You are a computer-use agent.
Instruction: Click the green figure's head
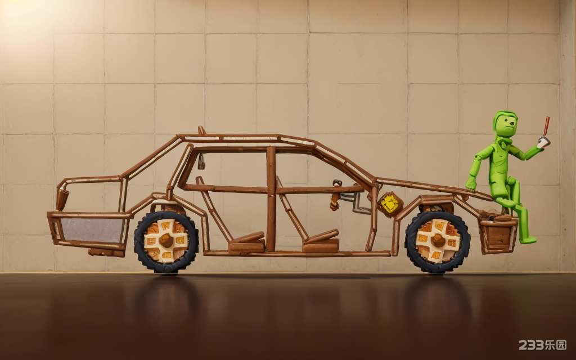pyautogui.click(x=506, y=123)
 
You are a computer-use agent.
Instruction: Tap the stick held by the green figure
pyautogui.click(x=547, y=127)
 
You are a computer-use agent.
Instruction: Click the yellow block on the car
pyautogui.click(x=389, y=204)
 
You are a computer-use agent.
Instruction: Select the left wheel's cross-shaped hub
pyautogui.click(x=166, y=241)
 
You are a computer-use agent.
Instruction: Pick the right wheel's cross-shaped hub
pyautogui.click(x=438, y=241)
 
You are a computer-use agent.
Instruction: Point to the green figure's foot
pyautogui.click(x=528, y=240)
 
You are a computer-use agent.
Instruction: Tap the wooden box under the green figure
pyautogui.click(x=498, y=235)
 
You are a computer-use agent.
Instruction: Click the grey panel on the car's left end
pyautogui.click(x=92, y=230)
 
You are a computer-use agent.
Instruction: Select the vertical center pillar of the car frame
pyautogui.click(x=271, y=199)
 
